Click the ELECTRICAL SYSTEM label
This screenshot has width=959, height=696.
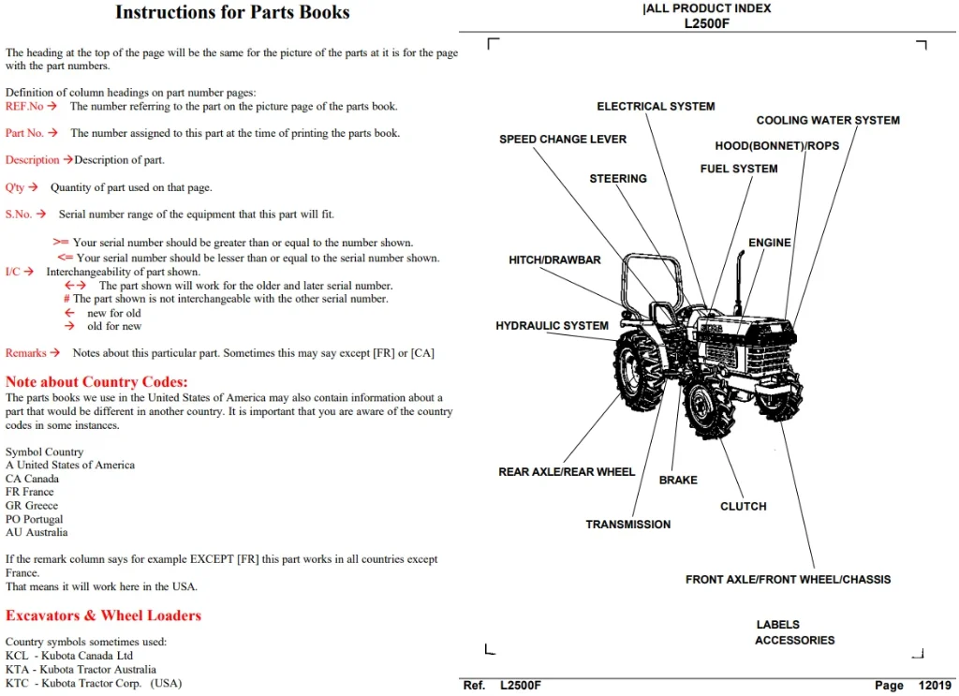point(656,107)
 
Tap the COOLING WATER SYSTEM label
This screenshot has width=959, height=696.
point(828,121)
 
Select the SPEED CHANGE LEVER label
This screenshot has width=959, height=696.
point(563,140)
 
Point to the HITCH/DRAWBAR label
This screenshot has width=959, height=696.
point(554,259)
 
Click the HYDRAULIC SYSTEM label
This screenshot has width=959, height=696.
point(552,326)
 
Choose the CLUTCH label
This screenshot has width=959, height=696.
point(743,507)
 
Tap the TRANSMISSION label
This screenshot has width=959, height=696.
point(628,525)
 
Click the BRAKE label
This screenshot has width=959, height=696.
point(678,481)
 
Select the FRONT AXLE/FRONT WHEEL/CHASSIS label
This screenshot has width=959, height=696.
point(788,579)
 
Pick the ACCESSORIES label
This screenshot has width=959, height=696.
point(794,641)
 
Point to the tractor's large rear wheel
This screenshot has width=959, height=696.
point(638,371)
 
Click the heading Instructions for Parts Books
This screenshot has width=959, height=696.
point(232,12)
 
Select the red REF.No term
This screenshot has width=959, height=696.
point(24,107)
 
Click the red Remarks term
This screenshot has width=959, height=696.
point(25,353)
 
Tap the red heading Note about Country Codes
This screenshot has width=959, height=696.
point(96,381)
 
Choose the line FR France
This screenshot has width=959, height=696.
point(29,492)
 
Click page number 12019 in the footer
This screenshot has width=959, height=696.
point(935,686)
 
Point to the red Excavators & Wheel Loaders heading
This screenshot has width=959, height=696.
point(103,615)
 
